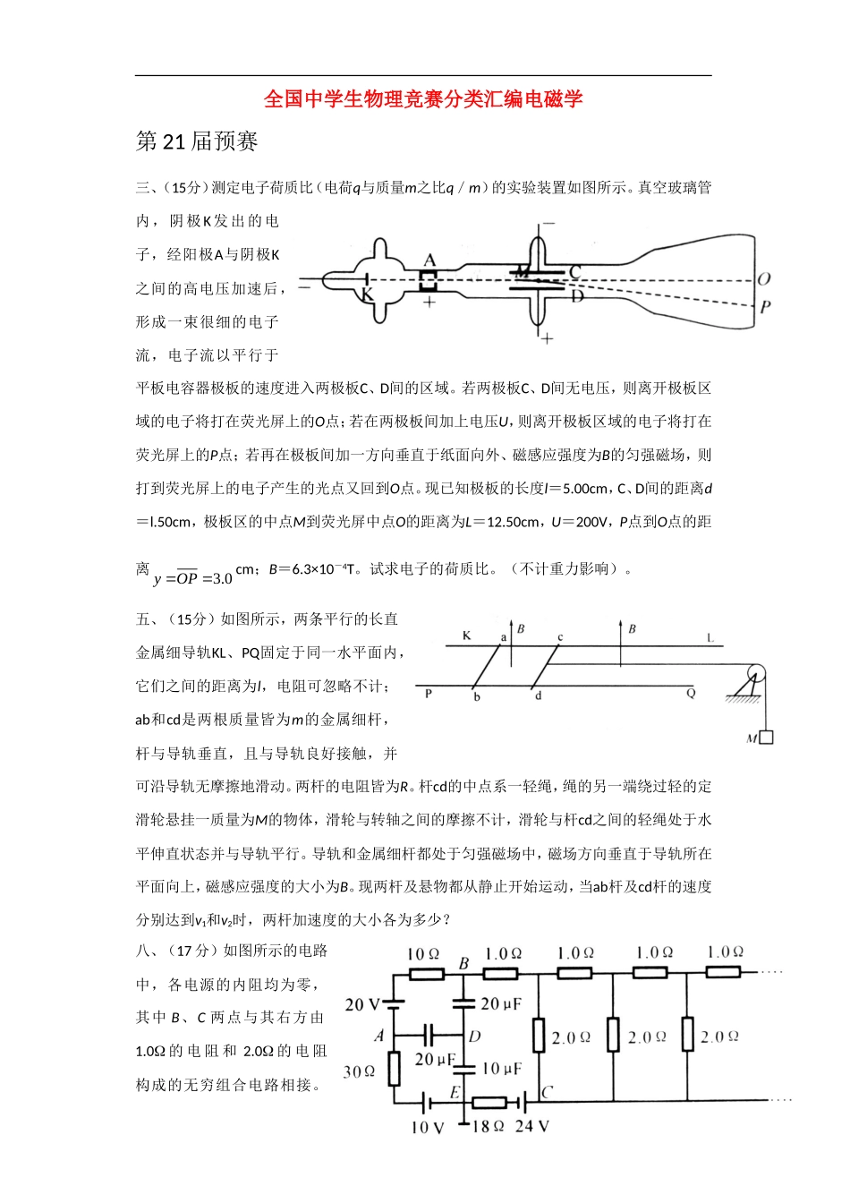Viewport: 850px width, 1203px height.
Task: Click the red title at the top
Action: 424,99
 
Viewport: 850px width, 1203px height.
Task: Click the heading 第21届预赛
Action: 197,141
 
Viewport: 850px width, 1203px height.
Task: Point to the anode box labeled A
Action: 429,280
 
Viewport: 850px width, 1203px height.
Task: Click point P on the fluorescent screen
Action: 765,307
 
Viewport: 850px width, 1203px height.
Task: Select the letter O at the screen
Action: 763,279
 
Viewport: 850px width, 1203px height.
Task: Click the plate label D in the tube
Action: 577,295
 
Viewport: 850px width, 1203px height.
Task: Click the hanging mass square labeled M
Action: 766,738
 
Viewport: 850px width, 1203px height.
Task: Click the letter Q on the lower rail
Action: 691,693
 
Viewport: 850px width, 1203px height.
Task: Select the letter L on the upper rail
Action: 710,637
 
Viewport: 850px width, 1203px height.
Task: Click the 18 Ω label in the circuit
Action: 488,1126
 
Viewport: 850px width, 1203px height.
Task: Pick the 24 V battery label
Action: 532,1126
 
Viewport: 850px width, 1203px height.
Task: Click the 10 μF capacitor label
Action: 501,1069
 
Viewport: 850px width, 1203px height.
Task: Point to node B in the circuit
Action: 463,964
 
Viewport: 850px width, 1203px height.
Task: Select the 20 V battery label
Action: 362,1004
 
